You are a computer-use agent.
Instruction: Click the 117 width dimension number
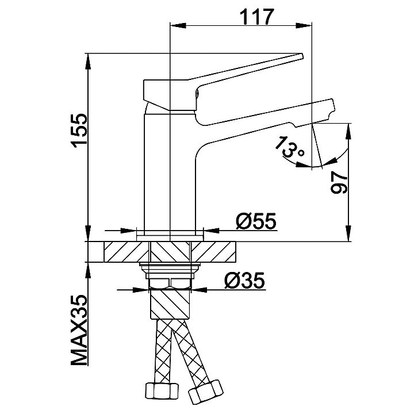256,17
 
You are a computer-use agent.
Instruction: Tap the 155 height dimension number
79,131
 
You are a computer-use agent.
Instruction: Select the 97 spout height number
339,182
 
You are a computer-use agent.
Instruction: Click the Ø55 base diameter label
256,221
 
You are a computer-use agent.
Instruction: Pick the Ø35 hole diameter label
244,281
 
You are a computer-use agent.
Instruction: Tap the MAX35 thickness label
79,330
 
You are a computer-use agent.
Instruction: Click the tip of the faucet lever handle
302,56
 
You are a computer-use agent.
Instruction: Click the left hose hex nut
162,391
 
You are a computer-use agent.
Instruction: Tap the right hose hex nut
205,392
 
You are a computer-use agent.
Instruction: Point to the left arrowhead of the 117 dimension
178,26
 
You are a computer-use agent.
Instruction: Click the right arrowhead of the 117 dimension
304,26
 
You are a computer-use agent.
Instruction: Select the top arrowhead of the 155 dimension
88,62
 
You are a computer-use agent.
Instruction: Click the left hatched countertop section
126,252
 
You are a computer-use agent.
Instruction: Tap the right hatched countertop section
213,252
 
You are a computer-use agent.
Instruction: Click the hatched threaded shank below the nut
170,304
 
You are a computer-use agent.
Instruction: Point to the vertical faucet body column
170,171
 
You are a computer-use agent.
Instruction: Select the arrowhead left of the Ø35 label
140,290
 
